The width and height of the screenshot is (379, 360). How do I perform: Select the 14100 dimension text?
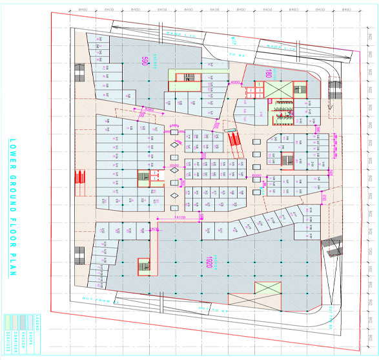click(x=181, y=218)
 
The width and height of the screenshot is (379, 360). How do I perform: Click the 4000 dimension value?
click(x=235, y=83)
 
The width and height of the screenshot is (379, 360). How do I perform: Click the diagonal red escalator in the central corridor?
click(x=232, y=138)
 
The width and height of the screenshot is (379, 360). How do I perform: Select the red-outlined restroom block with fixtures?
click(x=282, y=114)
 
